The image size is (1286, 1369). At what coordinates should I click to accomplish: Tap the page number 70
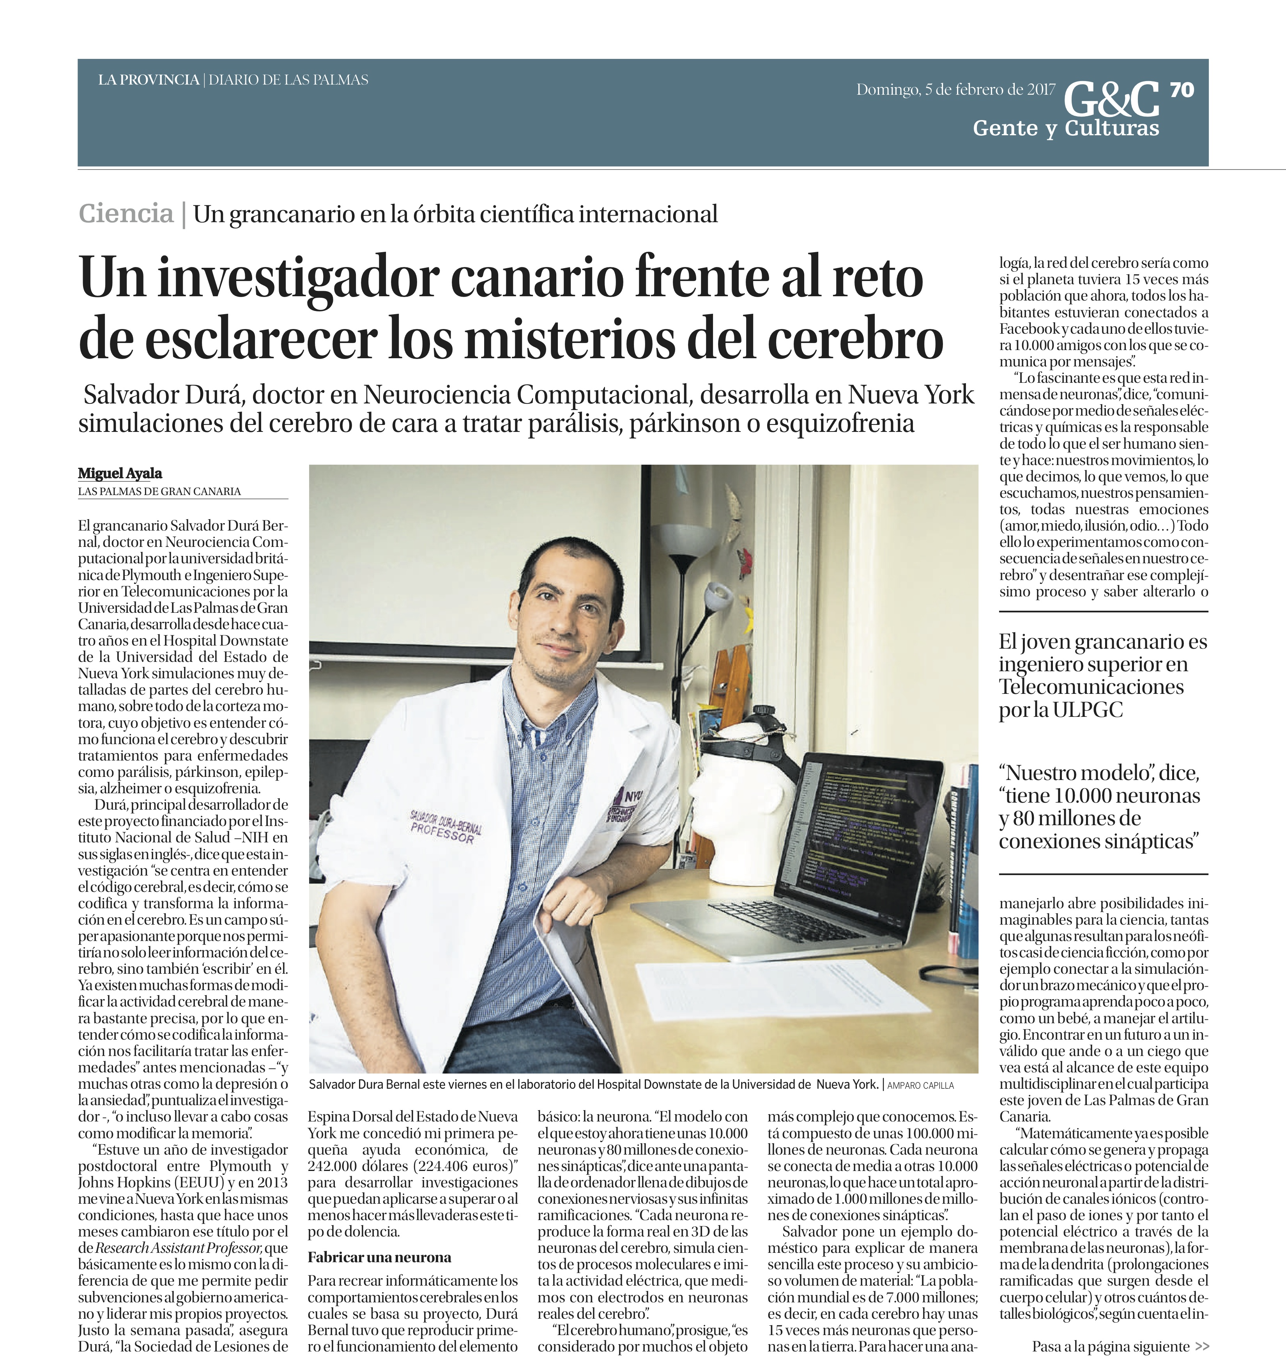(1182, 90)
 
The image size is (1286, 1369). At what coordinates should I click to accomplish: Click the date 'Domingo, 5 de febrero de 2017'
(955, 90)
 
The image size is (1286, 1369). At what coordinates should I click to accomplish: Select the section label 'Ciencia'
(126, 214)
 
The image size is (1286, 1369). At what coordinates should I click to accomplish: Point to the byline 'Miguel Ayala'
(120, 473)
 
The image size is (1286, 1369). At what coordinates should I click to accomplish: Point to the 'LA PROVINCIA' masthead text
(148, 80)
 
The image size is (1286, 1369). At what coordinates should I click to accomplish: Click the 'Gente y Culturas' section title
(1066, 128)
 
